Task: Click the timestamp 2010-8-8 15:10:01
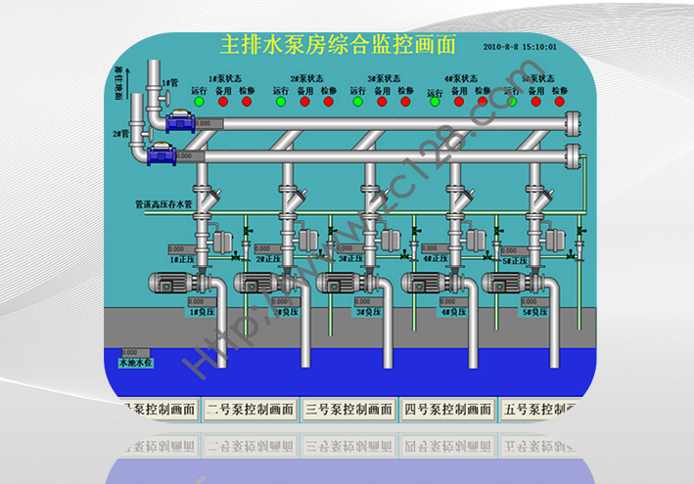coord(520,46)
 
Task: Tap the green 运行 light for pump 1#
coord(199,101)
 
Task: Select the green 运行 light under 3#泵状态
coord(356,101)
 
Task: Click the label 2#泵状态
coord(306,78)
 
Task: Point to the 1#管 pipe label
coord(169,84)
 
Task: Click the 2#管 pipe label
coord(120,133)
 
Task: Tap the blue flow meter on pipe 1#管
coord(182,122)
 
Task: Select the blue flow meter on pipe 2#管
coord(162,154)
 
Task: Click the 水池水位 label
coord(135,362)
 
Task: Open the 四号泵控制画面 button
coord(447,410)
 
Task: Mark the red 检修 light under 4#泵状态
coord(482,101)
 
